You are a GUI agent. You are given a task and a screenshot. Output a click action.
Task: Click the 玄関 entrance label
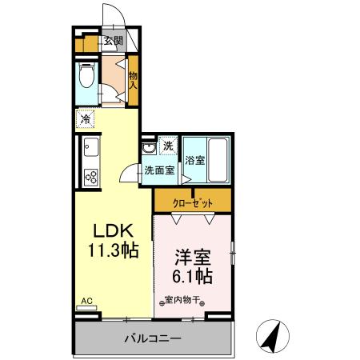point(113,42)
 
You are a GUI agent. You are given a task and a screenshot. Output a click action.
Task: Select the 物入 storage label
point(133,77)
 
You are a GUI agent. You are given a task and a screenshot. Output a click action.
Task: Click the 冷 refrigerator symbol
point(85,120)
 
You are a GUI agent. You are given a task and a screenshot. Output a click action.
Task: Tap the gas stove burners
point(90,178)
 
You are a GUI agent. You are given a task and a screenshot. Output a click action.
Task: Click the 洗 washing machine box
point(168,146)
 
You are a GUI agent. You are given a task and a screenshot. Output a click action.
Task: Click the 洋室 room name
point(193,258)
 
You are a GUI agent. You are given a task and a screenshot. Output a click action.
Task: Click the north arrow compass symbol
point(273,335)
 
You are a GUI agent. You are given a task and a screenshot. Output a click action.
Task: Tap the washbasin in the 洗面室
point(149,149)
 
